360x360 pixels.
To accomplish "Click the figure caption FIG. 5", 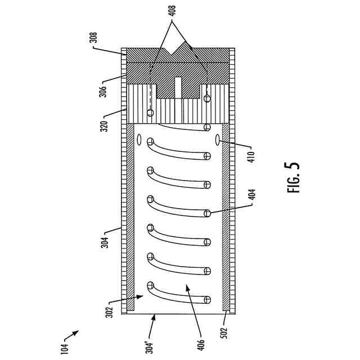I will click(294, 178).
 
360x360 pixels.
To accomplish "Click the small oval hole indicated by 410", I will click(218, 139).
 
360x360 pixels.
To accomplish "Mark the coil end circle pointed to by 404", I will click(207, 213).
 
